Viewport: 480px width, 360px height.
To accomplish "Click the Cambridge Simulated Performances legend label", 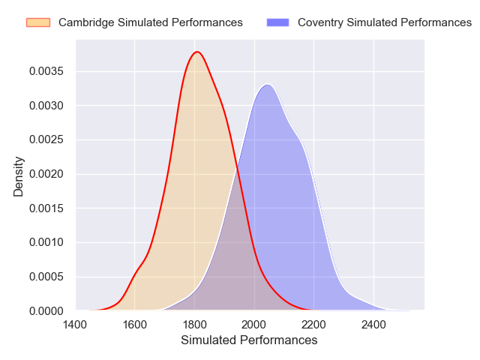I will (150, 22).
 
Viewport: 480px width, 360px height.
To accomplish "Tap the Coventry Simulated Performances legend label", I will (384, 22).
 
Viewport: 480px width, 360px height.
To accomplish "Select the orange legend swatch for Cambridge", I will (37, 22).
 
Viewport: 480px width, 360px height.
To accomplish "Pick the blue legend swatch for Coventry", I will (277, 22).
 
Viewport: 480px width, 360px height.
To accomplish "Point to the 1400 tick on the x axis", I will (75, 325).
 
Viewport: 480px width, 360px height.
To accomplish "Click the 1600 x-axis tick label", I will (135, 325).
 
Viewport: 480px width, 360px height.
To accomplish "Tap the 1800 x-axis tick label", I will (195, 325).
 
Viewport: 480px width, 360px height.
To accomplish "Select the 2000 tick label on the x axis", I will (254, 325).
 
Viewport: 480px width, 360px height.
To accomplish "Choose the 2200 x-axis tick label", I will (314, 325).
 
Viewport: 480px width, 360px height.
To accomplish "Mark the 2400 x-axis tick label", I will (373, 325).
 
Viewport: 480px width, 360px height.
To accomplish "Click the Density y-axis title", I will (19, 176).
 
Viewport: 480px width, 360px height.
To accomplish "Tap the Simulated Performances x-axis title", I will (249, 340).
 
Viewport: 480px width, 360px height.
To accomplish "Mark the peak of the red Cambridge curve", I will (197, 52).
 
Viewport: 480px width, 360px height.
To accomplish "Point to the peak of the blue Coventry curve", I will (267, 84).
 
